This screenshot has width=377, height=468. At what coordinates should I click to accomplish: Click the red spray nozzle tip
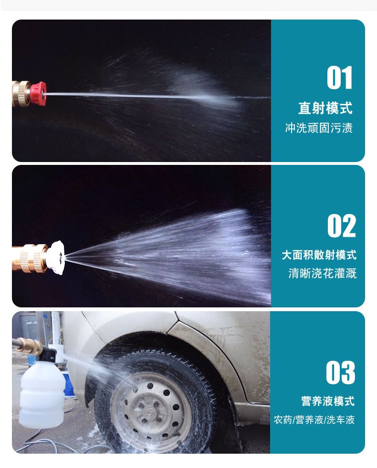tap(38, 92)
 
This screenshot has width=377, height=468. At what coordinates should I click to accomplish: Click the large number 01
tap(339, 78)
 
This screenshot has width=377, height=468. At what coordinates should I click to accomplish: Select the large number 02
tap(341, 225)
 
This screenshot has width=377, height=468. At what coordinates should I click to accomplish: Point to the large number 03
tap(341, 373)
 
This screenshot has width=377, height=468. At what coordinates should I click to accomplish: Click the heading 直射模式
tap(325, 108)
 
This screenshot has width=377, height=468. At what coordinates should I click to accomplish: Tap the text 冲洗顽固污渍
tap(319, 128)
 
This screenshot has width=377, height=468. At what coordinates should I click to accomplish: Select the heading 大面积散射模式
tap(319, 255)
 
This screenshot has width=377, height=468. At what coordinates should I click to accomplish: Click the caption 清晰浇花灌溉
tap(322, 274)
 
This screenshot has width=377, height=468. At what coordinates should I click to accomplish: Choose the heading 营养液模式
tap(328, 401)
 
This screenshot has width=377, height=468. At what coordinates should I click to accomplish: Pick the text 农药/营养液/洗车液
tap(314, 420)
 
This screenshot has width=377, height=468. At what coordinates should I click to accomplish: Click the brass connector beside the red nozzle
tap(21, 93)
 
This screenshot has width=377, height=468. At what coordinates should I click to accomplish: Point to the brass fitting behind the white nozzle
tap(30, 258)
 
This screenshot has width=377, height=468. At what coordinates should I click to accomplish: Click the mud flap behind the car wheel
tap(236, 421)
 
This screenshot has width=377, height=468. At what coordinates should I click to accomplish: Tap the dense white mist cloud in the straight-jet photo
tap(203, 90)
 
